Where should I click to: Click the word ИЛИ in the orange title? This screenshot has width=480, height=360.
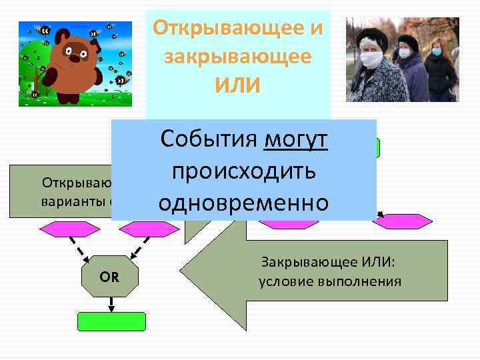(238, 85)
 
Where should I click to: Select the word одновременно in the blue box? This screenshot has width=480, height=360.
(244, 203)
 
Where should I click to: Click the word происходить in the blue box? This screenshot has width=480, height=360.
(244, 171)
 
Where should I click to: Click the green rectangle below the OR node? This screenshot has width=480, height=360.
(111, 321)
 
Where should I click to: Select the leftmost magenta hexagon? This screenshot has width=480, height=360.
(69, 228)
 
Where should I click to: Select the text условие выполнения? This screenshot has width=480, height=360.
(329, 281)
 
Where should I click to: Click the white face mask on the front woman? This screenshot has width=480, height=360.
(371, 59)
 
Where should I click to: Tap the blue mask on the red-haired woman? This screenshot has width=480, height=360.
(437, 51)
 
